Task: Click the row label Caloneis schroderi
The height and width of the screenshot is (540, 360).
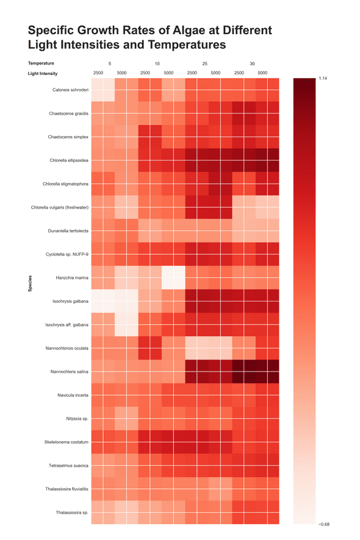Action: click(71, 90)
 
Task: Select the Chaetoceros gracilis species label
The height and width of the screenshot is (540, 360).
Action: click(69, 113)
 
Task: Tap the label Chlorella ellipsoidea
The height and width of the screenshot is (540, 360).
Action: click(70, 160)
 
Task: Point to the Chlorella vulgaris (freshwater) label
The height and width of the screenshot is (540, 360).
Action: click(60, 207)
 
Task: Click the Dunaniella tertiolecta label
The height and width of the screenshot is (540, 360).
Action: click(68, 231)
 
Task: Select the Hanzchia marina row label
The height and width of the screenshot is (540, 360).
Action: click(73, 278)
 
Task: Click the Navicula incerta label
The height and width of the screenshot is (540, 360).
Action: click(73, 395)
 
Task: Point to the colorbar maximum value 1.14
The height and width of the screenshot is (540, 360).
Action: click(323, 78)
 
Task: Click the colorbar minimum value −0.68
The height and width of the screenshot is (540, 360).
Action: click(323, 524)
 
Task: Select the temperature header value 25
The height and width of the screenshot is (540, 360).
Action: click(204, 63)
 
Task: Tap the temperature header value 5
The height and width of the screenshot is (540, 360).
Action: click(110, 63)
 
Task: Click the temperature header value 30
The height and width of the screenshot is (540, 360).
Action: click(252, 63)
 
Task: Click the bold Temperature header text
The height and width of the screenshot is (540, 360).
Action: click(41, 63)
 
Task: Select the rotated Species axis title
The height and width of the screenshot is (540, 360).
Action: click(30, 284)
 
